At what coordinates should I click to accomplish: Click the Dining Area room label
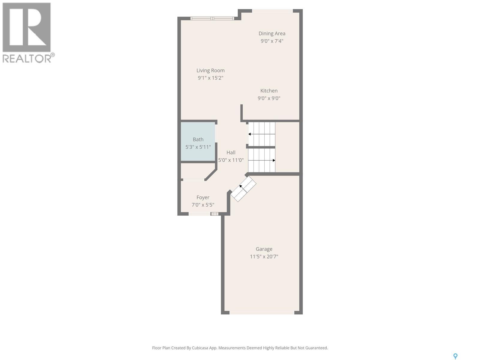point(272,34)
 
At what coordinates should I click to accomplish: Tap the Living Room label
point(210,70)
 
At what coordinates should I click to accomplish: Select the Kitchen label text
point(269,91)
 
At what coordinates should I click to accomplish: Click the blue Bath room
point(198,142)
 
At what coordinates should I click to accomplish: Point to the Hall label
point(231,152)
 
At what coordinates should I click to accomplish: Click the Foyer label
point(203,197)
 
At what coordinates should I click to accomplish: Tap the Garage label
point(264,249)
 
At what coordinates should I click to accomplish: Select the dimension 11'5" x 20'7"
point(264,256)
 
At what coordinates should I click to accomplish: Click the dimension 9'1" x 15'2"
point(210,78)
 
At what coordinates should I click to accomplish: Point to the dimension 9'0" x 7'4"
point(272,41)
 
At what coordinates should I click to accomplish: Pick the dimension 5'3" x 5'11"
point(198,147)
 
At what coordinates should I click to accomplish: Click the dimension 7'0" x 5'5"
point(203,205)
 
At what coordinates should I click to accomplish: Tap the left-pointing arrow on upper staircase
point(250,134)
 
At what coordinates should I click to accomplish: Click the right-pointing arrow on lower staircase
point(274,160)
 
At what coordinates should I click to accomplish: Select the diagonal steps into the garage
point(243,189)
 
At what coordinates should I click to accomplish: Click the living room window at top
point(212,19)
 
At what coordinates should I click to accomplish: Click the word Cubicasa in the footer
point(204,348)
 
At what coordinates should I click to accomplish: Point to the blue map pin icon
point(455,356)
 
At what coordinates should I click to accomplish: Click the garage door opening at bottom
point(262,313)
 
